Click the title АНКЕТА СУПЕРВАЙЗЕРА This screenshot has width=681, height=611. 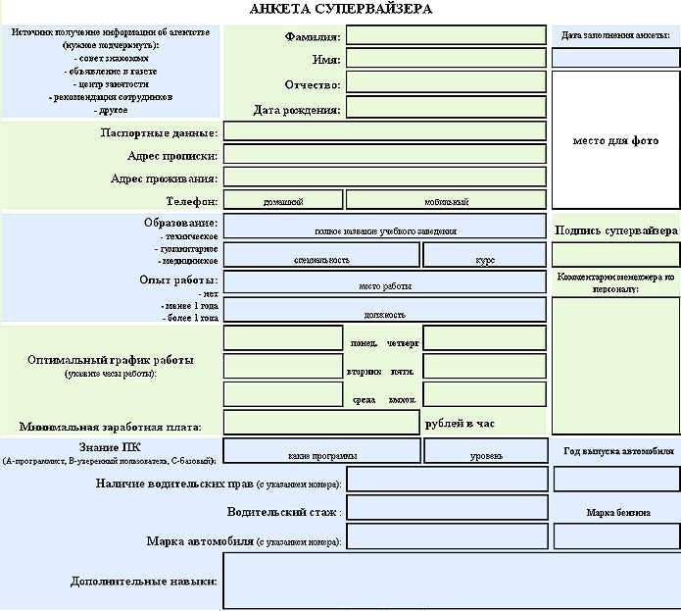340,9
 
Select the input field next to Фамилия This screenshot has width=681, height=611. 446,35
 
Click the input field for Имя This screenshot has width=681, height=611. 446,59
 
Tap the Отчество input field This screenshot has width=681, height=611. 446,83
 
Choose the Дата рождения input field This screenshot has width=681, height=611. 446,107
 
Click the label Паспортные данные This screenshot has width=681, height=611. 159,132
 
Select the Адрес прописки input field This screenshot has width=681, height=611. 384,154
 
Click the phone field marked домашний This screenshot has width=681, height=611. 282,200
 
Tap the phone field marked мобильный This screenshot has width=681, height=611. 446,200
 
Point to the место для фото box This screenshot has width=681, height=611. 615,140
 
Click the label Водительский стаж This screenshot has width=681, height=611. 282,512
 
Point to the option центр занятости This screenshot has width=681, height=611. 112,84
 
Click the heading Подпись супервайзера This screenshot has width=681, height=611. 615,230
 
